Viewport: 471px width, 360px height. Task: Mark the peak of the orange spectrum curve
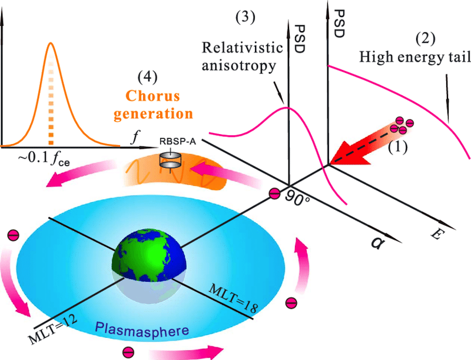point(51,43)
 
